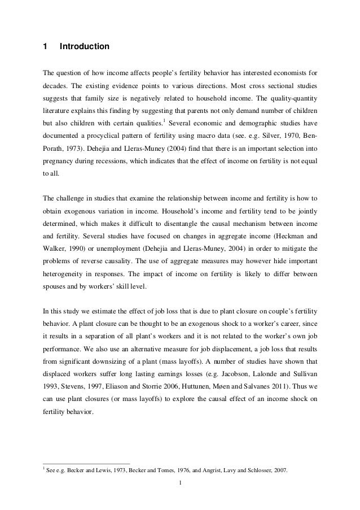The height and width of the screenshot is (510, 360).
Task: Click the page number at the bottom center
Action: (x=179, y=482)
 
